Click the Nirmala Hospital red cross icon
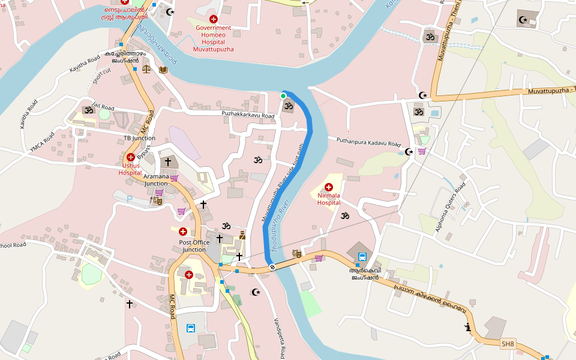click(329, 187)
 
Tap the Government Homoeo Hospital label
click(212, 38)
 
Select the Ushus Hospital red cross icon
click(130, 157)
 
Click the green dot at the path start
click(283, 95)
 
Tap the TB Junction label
click(139, 138)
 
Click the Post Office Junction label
click(194, 246)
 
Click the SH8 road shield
click(508, 344)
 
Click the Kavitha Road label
click(85, 65)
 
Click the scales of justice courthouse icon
click(147, 69)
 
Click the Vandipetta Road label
click(283, 336)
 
